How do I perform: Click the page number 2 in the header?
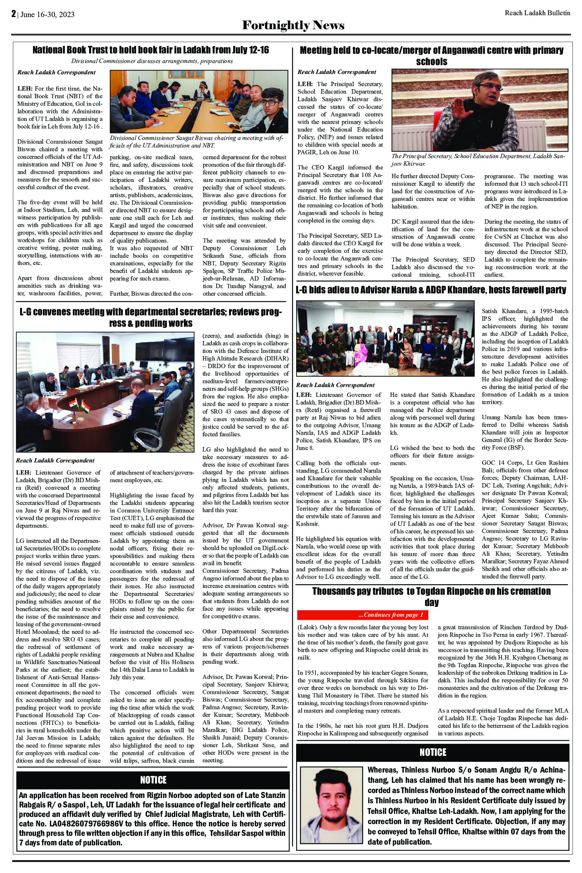coord(13,14)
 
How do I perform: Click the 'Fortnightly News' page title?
coord(293,25)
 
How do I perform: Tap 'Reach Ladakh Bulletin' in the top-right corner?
coord(537,13)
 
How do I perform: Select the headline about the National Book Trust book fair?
coord(151,50)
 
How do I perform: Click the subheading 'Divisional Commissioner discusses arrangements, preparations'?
coord(152,61)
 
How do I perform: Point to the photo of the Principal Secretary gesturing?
coord(480,110)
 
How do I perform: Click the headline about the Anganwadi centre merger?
coord(431,56)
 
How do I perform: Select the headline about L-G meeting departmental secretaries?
coord(151,317)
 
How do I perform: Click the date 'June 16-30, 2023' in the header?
coord(47,14)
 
